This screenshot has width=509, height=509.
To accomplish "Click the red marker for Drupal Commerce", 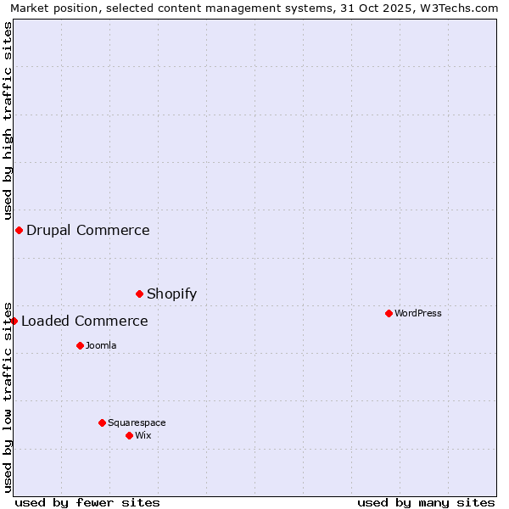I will tap(19, 230).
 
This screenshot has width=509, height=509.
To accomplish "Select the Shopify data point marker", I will tap(139, 294).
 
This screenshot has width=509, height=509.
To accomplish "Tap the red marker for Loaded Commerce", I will tap(14, 321).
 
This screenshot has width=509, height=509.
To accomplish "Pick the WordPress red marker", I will tap(389, 313).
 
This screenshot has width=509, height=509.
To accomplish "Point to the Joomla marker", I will tap(80, 345).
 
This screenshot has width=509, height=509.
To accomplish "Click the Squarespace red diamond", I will tap(102, 422).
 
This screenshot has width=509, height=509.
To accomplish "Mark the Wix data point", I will tap(129, 435).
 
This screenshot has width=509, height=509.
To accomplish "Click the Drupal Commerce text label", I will tap(87, 230).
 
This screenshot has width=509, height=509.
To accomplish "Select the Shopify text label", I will tap(171, 294).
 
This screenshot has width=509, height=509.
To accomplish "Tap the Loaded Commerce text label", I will tap(84, 321).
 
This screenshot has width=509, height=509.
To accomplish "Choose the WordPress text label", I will tap(417, 313).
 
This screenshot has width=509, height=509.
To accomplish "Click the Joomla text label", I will tap(101, 345).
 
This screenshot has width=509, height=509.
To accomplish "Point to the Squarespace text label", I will tap(137, 422).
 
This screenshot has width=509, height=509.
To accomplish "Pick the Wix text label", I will tap(143, 435).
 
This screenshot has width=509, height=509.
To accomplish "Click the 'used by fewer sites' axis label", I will tap(87, 502).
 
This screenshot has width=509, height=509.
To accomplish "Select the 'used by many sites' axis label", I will tap(426, 502).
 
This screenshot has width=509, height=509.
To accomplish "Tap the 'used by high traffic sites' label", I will tap(8, 118).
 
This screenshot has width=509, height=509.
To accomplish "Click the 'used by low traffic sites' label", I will tap(8, 396).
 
